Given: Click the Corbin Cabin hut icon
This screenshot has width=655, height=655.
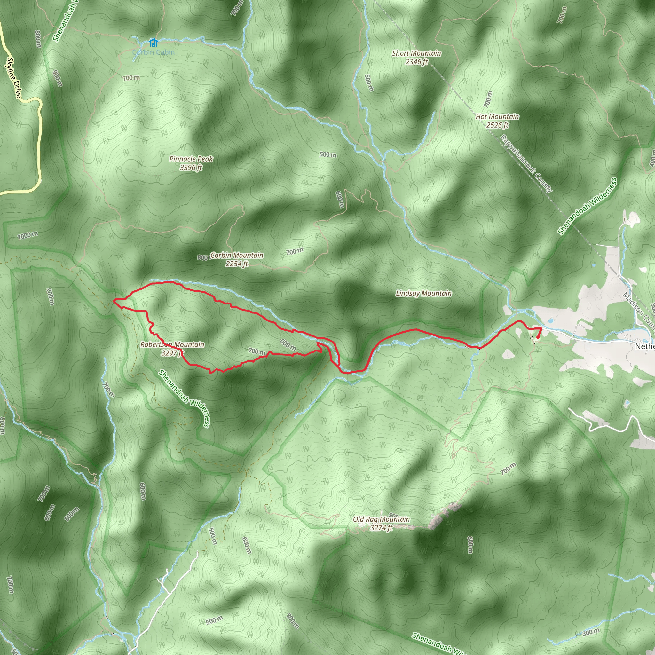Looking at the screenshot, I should pos(153,43).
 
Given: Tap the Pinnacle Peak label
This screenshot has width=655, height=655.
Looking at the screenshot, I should pos(191,159).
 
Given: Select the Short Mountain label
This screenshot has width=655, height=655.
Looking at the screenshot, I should pos(416,53).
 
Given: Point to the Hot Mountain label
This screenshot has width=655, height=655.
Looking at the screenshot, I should pos(497,117).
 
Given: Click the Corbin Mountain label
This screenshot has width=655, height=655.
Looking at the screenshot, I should pos(237,255).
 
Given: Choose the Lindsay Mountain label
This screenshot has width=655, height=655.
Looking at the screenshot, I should pos(423,294).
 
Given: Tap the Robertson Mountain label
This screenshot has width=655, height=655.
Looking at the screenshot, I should pos(172,345).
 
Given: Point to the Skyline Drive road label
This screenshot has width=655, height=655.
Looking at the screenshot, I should pos(14,78).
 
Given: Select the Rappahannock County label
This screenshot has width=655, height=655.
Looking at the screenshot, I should pos(526,164).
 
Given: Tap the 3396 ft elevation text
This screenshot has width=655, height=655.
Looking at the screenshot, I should pos(191,168).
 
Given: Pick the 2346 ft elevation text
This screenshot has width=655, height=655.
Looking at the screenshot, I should pos(416,62).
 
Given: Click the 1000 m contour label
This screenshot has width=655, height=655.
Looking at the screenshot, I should pos(28,235).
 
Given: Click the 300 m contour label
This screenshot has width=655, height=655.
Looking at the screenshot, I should pos(591,632).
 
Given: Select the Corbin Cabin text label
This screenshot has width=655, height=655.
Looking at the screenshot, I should pos(153,52).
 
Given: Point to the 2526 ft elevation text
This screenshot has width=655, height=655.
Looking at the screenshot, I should pos(497,125).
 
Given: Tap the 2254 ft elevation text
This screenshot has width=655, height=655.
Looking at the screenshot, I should pos(237,264).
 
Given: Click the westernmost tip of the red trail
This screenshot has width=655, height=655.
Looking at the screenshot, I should pos(114,300).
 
